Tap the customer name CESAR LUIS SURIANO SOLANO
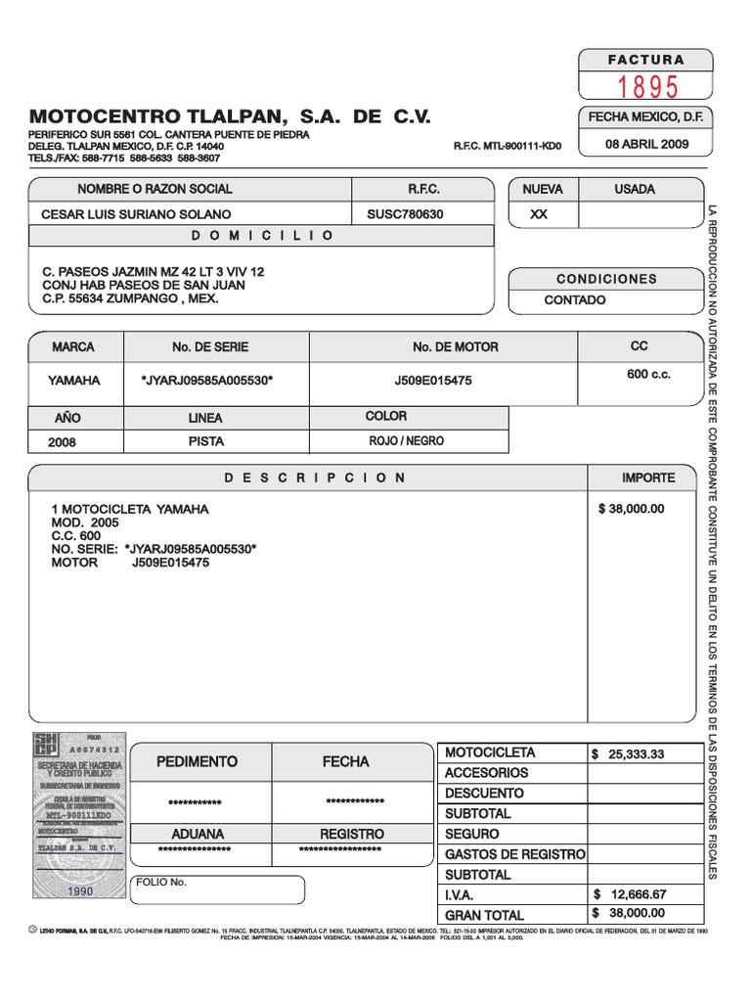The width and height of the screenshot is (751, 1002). pos(136,214)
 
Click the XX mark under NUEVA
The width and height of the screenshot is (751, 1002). pos(539,214)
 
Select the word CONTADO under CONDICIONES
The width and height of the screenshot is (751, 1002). pos(575,300)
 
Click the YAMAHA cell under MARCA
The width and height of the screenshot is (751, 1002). pos(74,381)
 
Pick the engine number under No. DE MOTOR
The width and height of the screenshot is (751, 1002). pos(432,381)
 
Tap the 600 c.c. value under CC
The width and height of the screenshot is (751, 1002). pos(648,376)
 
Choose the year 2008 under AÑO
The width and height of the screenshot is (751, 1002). pos(62,442)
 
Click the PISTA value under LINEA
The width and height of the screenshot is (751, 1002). pos(205,441)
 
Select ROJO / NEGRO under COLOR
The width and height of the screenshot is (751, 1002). pos(406,441)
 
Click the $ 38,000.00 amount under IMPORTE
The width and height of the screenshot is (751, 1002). pos(630,509)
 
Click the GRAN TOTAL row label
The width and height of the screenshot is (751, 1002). pos(484,915)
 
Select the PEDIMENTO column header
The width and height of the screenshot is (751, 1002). pos(198,761)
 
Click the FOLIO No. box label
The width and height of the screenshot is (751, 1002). pos(161,883)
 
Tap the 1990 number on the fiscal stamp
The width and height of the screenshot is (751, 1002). pos(80,892)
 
